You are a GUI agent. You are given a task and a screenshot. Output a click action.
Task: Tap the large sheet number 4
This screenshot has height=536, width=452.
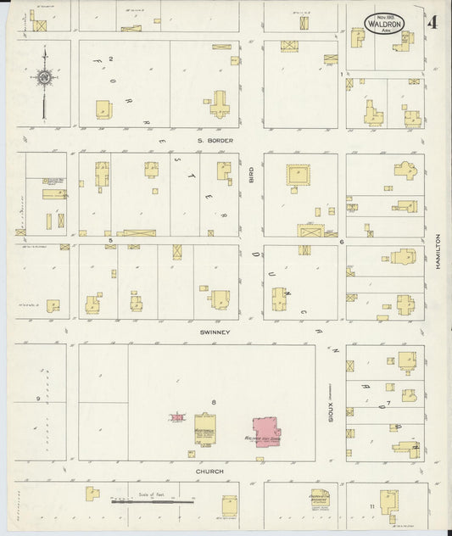pos(432,23)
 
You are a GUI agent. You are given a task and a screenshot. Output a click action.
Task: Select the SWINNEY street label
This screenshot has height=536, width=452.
pos(215,332)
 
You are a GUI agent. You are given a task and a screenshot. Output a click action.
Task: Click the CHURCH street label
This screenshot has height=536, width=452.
pos(209,471)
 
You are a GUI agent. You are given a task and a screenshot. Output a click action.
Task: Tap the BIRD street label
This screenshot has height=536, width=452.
pos(251,174)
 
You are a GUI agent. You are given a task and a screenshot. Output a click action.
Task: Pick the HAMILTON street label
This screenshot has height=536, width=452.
pos(439,252)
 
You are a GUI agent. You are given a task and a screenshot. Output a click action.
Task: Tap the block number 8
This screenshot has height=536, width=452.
pos(214,401)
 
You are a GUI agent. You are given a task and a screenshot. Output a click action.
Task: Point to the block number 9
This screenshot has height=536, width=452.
pos(37,398)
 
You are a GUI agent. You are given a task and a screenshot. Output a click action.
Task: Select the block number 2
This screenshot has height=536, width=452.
pos(111,58)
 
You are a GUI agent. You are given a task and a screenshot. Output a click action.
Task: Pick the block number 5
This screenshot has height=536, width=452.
pos(110,241)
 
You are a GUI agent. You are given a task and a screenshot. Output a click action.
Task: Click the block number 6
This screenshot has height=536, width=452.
pos(341,242)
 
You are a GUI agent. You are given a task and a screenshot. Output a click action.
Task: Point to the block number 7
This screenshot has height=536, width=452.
pos(388,402)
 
